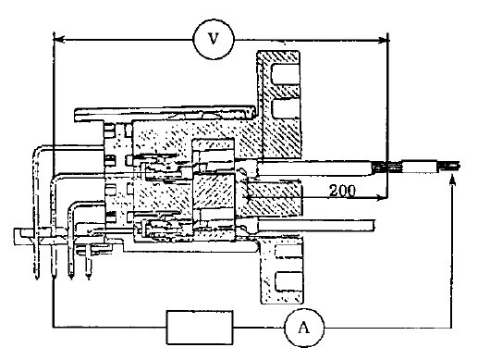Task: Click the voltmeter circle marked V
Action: [x=214, y=38]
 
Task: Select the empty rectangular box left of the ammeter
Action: [x=199, y=326]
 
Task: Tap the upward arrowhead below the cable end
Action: [x=451, y=185]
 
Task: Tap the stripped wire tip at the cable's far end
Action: [x=452, y=167]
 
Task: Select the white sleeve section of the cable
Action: [x=422, y=167]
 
